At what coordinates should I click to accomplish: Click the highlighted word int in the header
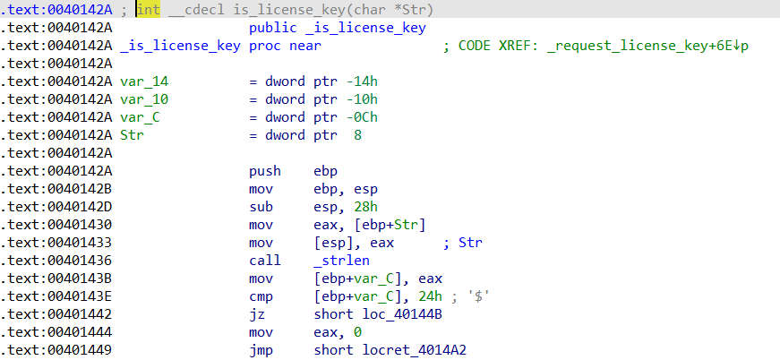click(149, 10)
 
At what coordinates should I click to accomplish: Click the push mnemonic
click(265, 172)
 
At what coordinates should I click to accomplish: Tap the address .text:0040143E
click(56, 296)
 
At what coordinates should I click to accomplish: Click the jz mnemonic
click(257, 314)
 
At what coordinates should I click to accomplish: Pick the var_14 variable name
click(144, 81)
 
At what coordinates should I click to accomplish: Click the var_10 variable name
click(144, 99)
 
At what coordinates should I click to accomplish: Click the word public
click(272, 28)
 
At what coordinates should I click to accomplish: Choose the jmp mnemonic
click(261, 350)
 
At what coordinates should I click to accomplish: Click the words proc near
click(285, 46)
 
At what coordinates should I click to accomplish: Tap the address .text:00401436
click(56, 261)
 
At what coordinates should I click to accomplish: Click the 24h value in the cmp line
click(430, 296)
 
